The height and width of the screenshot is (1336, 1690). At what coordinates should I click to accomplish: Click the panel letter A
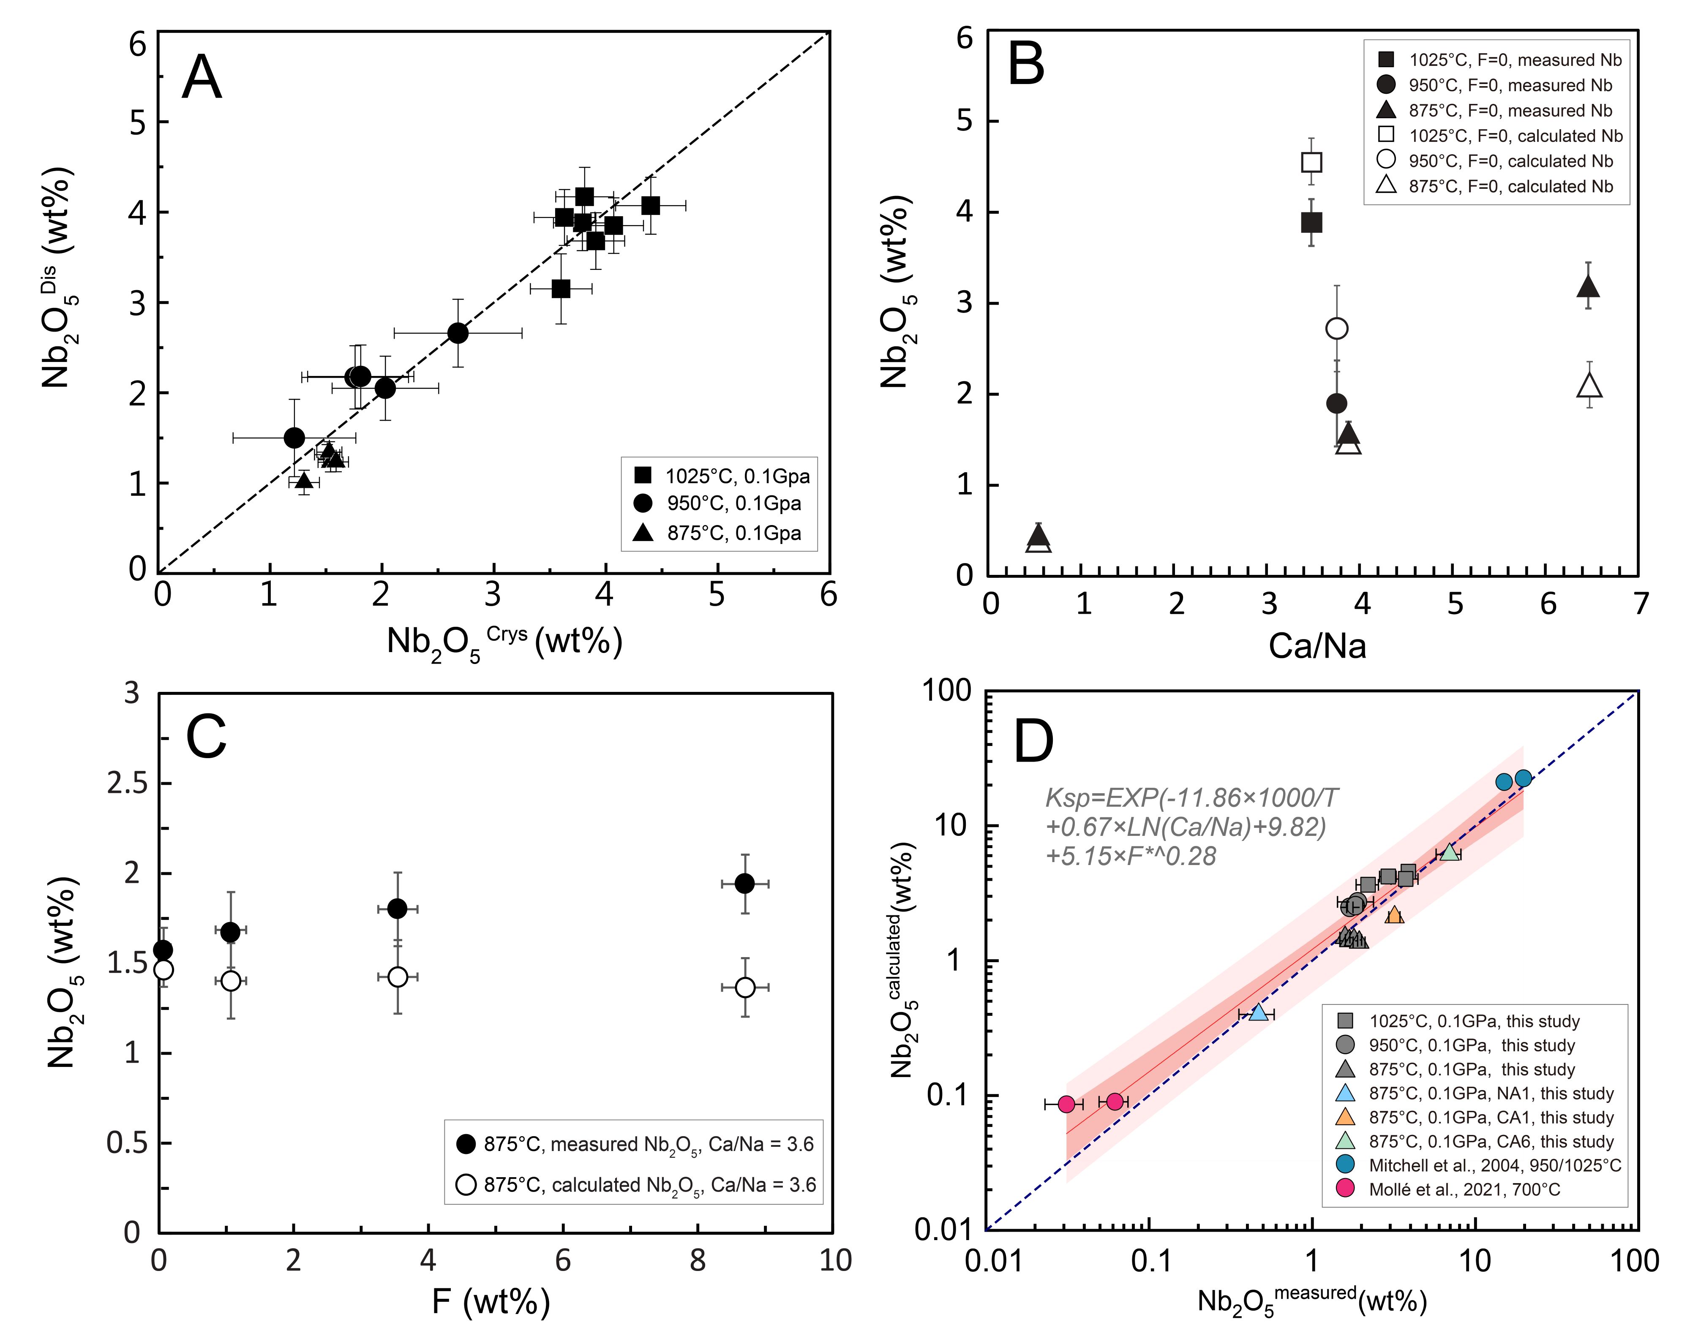click(x=202, y=77)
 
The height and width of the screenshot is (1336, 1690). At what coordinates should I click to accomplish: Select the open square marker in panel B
click(x=1311, y=163)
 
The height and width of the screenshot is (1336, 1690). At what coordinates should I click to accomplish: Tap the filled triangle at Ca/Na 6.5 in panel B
click(x=1588, y=287)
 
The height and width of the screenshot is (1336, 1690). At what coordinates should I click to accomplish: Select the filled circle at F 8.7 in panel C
click(x=745, y=883)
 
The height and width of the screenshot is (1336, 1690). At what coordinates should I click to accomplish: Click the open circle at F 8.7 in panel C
click(x=745, y=987)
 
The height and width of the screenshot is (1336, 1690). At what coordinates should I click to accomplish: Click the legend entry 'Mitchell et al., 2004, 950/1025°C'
click(x=1494, y=1165)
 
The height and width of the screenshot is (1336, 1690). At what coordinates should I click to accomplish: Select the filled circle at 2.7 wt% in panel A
click(x=458, y=333)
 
